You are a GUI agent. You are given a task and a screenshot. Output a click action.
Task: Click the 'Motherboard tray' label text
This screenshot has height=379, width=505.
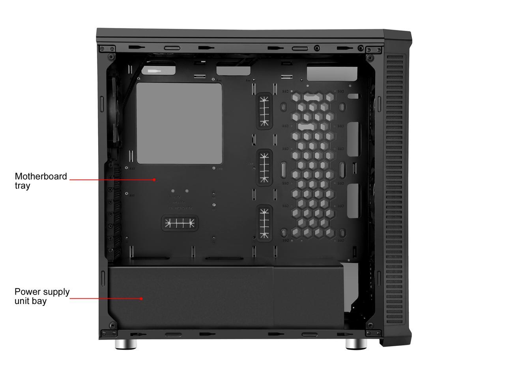41,181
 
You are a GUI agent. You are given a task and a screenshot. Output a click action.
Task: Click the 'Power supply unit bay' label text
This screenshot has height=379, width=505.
42,296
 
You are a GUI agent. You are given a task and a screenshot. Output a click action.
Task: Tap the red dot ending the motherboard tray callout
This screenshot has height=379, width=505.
154,180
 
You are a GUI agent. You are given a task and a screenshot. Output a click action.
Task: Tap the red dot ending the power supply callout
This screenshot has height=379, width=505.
141,298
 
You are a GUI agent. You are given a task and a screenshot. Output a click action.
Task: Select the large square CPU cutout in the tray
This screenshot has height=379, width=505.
179,123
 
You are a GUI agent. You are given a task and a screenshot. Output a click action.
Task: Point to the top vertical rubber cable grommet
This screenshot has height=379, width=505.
264,111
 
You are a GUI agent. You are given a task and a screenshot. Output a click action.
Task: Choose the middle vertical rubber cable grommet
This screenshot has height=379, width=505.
264,167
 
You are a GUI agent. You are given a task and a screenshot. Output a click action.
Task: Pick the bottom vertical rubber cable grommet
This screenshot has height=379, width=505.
264,223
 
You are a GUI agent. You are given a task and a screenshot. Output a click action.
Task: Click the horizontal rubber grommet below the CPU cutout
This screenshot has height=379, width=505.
180,224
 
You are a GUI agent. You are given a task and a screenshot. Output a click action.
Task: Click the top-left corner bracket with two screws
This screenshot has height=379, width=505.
107,49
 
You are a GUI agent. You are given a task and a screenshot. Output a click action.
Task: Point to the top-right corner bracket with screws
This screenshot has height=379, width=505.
372,49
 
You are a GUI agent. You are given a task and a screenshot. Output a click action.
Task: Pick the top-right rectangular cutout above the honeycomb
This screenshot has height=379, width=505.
332,74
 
